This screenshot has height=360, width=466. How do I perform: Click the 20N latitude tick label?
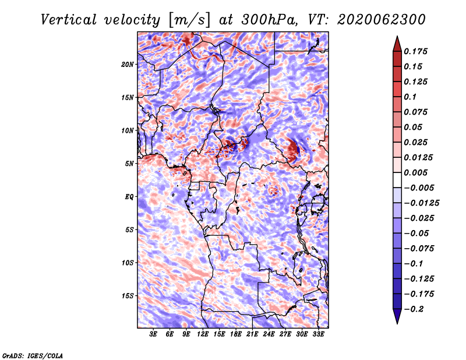128,65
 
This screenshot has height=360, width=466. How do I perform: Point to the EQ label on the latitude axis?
129,197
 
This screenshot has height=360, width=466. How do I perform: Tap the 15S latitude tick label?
128,296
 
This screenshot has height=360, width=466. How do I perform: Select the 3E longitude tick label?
153,334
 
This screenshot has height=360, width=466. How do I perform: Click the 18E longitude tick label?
236,334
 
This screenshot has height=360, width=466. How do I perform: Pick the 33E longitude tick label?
318,334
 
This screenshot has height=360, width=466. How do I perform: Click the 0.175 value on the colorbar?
415,51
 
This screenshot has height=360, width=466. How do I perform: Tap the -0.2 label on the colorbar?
414,309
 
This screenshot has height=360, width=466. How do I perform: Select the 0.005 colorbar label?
415,172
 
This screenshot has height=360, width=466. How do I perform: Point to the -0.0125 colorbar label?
421,203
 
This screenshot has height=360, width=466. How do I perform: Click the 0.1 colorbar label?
410,97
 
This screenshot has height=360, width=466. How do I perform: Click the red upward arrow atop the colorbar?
397,44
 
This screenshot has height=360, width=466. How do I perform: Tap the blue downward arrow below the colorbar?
397,316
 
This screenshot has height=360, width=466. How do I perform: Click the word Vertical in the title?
68,20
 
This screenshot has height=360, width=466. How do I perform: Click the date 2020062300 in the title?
382,20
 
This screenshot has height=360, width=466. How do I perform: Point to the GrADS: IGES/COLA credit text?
33,355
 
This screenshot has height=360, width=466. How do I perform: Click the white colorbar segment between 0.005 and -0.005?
397,180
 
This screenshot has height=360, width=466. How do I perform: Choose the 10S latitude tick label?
128,263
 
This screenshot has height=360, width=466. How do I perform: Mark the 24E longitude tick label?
269,334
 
